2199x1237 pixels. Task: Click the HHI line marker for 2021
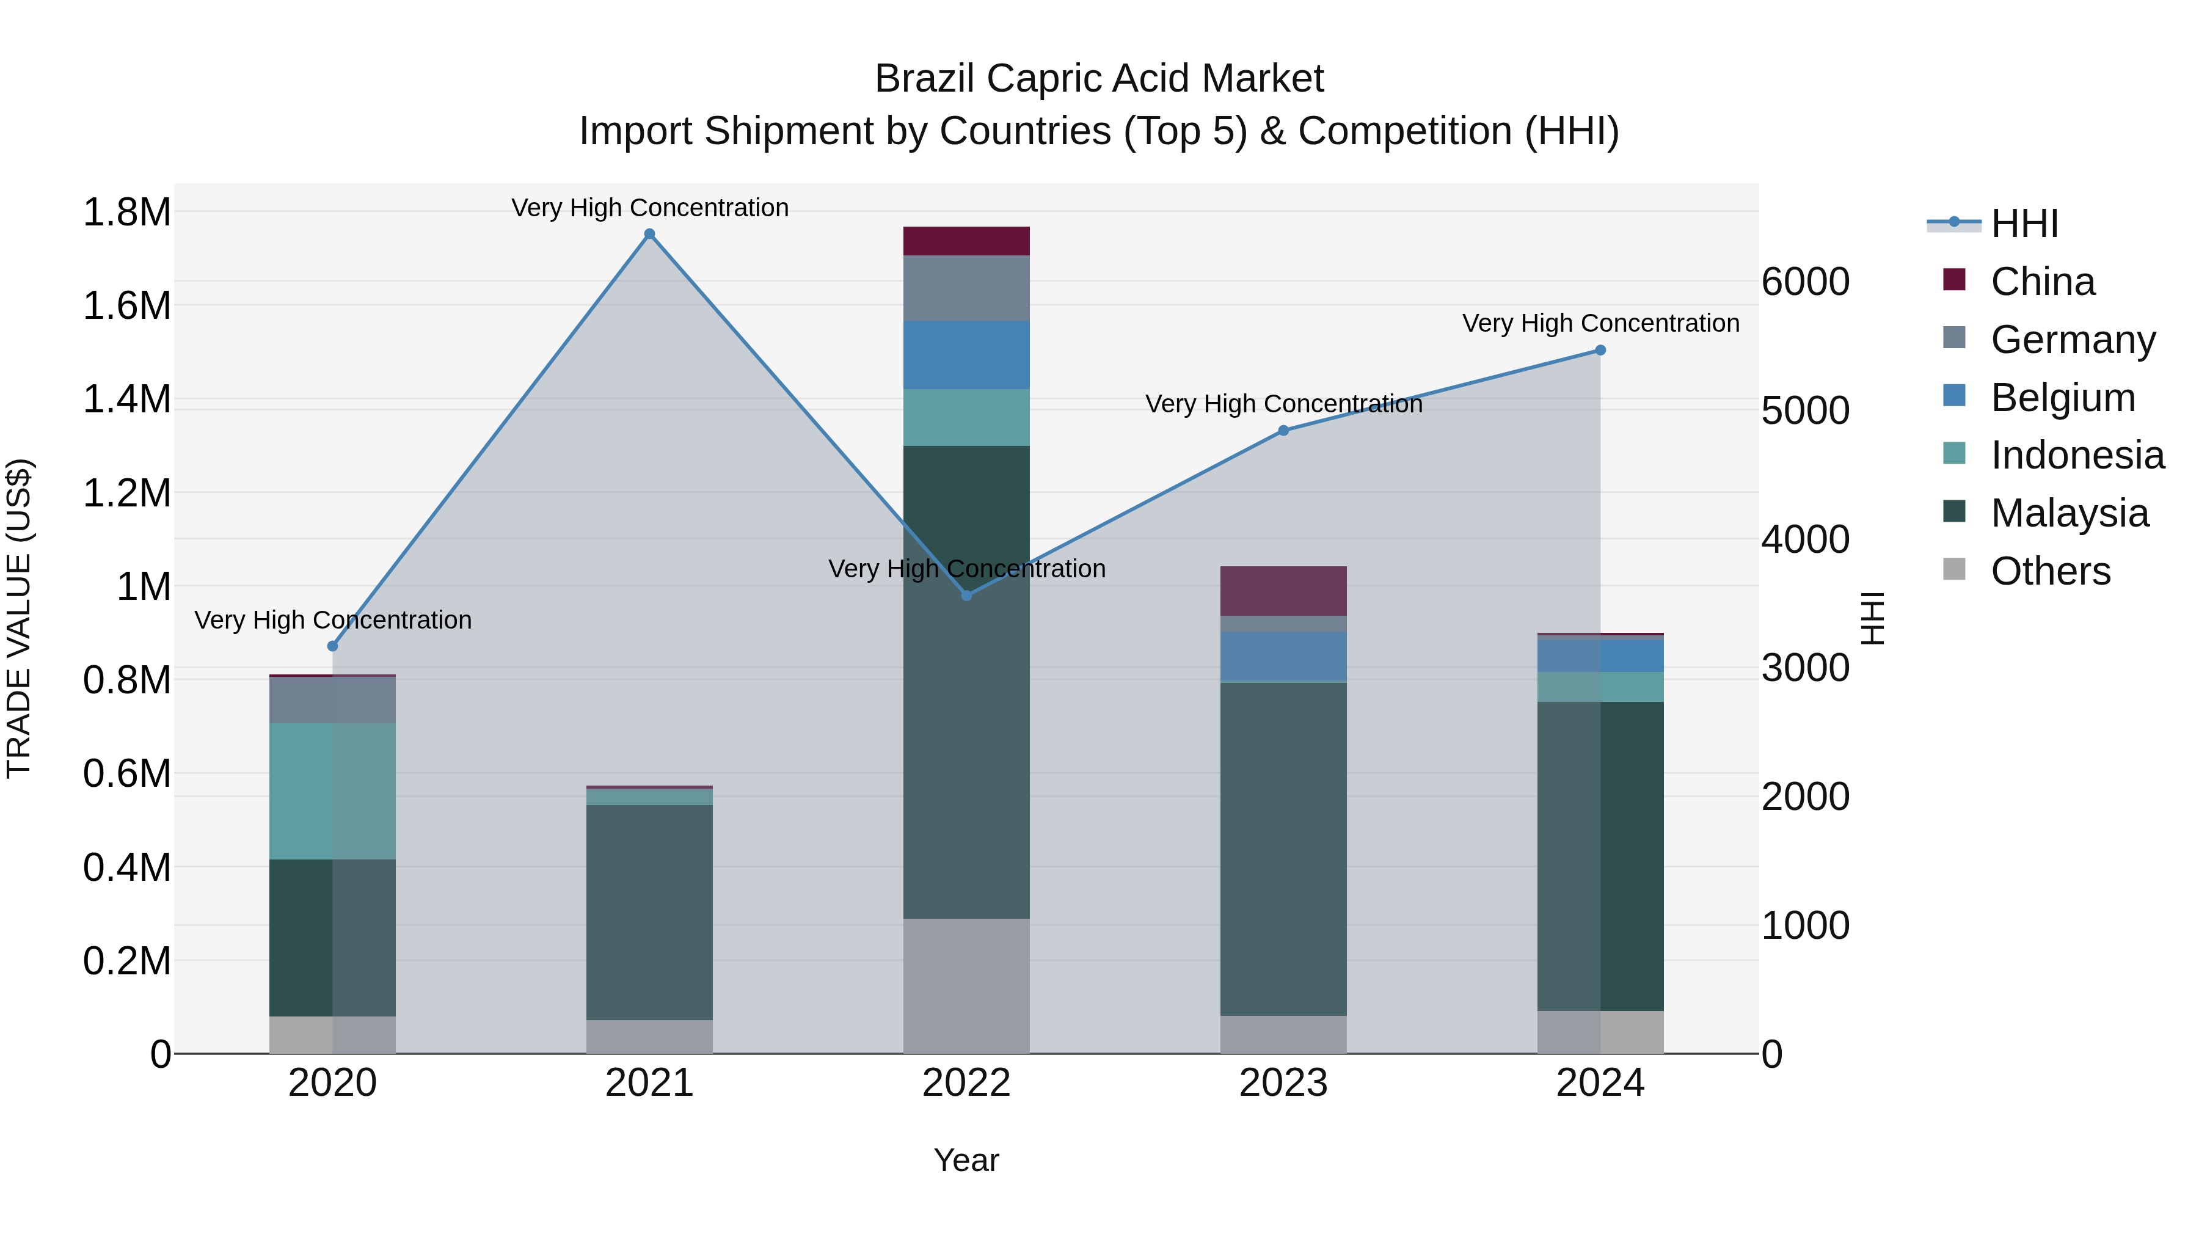coord(650,234)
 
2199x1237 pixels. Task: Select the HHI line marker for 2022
coord(966,595)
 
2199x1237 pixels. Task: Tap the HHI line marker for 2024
coord(1600,350)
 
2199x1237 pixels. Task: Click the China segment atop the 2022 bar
coord(966,241)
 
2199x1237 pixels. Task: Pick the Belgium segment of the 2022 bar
coord(966,355)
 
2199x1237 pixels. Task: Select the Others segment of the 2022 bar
coord(966,985)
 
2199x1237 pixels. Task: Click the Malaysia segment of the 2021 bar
coord(650,912)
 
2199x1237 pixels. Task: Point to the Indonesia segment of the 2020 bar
coord(333,790)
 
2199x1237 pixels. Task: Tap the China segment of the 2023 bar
coord(1283,591)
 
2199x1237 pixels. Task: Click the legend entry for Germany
coord(2073,340)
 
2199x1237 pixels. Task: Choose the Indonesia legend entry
coord(2077,455)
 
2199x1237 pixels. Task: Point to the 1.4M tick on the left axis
coord(126,400)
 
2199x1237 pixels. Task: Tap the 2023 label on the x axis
coord(1283,1083)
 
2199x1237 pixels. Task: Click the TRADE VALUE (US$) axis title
coord(19,618)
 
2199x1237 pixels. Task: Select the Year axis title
coord(966,1160)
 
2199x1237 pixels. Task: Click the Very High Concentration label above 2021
coord(650,208)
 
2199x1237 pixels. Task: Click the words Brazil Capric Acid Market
coord(1099,79)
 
